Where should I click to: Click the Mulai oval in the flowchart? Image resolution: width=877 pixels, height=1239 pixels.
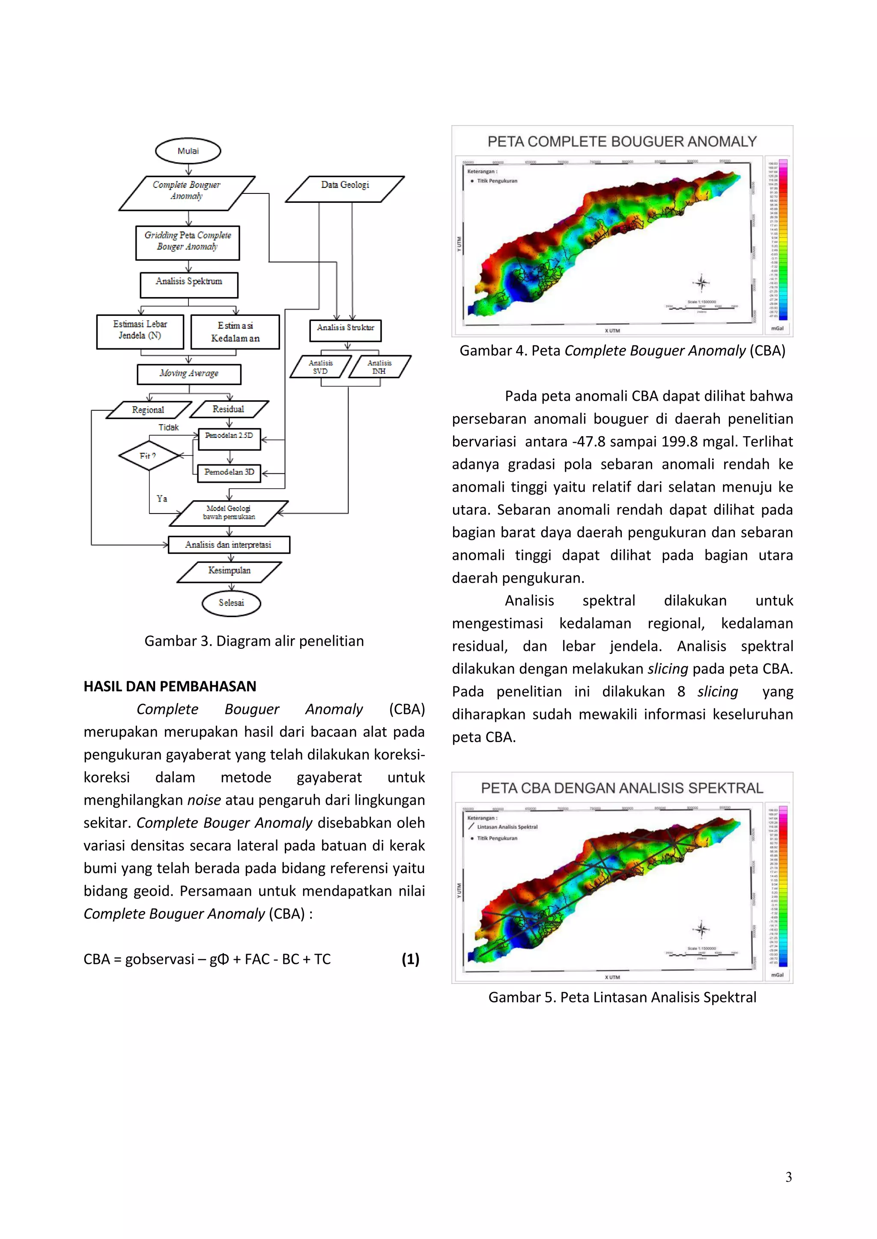click(188, 151)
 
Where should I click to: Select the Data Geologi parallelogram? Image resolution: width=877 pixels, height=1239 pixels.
click(345, 185)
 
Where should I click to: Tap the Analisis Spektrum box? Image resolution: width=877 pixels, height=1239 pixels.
click(188, 282)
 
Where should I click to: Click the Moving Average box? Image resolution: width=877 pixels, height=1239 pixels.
click(189, 374)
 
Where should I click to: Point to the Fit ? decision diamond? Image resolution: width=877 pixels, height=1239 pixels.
click(149, 456)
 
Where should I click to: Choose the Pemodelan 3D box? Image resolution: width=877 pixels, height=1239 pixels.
click(229, 472)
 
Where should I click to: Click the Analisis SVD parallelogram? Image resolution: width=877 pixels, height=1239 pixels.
click(320, 367)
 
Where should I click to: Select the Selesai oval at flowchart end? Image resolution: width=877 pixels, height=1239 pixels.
click(231, 603)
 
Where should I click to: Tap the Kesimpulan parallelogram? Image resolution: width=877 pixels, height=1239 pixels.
click(230, 570)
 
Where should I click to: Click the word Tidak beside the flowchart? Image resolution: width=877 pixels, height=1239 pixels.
click(168, 428)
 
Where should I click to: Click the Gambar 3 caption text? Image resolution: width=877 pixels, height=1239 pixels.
click(254, 641)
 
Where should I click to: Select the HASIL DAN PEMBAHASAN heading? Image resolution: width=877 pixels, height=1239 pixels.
click(170, 686)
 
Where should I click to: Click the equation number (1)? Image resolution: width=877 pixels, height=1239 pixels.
click(410, 959)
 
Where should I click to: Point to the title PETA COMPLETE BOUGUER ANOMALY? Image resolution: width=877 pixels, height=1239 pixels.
click(622, 142)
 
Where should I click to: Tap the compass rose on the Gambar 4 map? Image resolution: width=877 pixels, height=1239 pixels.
click(701, 282)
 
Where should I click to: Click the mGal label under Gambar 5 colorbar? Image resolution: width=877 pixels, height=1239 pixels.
click(777, 975)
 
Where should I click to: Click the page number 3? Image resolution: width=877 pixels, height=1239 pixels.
click(788, 1177)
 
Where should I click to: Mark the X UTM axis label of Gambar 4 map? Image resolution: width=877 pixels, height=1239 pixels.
click(612, 330)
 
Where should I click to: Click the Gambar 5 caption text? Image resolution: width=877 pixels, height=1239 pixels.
click(622, 997)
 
